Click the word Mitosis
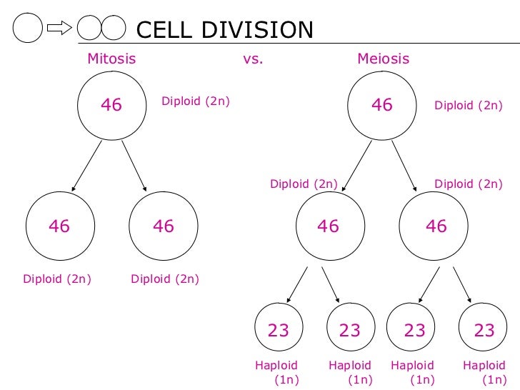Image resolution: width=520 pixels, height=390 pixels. tap(111, 59)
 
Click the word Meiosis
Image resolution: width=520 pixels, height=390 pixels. tap(383, 59)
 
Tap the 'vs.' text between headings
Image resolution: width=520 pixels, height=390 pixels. tap(253, 59)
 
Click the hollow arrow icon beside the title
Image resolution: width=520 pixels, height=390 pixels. tap(59, 29)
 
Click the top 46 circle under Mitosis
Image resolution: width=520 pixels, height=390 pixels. tap(111, 106)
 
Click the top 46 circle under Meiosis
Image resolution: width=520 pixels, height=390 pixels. tap(382, 106)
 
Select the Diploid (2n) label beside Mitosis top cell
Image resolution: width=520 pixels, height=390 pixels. tap(196, 101)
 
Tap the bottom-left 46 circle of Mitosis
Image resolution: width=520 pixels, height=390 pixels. tap(59, 226)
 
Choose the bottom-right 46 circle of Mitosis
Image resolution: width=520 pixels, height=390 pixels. tap(164, 226)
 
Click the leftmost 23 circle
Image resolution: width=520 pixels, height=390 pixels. tap(279, 330)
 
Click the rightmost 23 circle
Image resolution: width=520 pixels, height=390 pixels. tap(484, 330)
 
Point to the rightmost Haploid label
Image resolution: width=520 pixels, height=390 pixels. tap(484, 366)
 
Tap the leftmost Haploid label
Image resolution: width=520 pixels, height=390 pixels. tap(276, 366)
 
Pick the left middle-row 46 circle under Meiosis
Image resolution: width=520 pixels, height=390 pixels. tap(328, 226)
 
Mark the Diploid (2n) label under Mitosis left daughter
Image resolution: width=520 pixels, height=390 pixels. tap(57, 279)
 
